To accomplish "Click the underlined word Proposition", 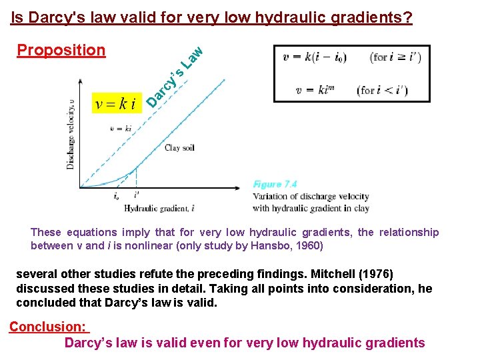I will (61, 51).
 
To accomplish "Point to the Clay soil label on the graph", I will (179, 148).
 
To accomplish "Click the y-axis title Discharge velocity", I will (71, 133).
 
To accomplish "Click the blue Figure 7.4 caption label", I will (275, 184).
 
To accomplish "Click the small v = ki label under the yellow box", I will (120, 128).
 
